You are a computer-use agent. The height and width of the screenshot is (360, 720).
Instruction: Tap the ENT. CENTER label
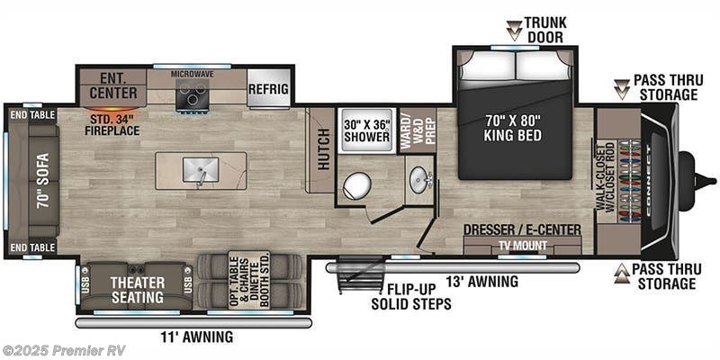[x=113, y=86]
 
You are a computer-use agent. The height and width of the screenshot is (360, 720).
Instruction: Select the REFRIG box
[x=269, y=89]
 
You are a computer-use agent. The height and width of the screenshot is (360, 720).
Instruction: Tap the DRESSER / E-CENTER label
[x=523, y=229]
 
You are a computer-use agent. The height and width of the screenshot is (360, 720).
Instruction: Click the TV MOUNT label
[x=523, y=243]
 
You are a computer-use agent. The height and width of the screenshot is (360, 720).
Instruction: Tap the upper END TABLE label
[x=31, y=115]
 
